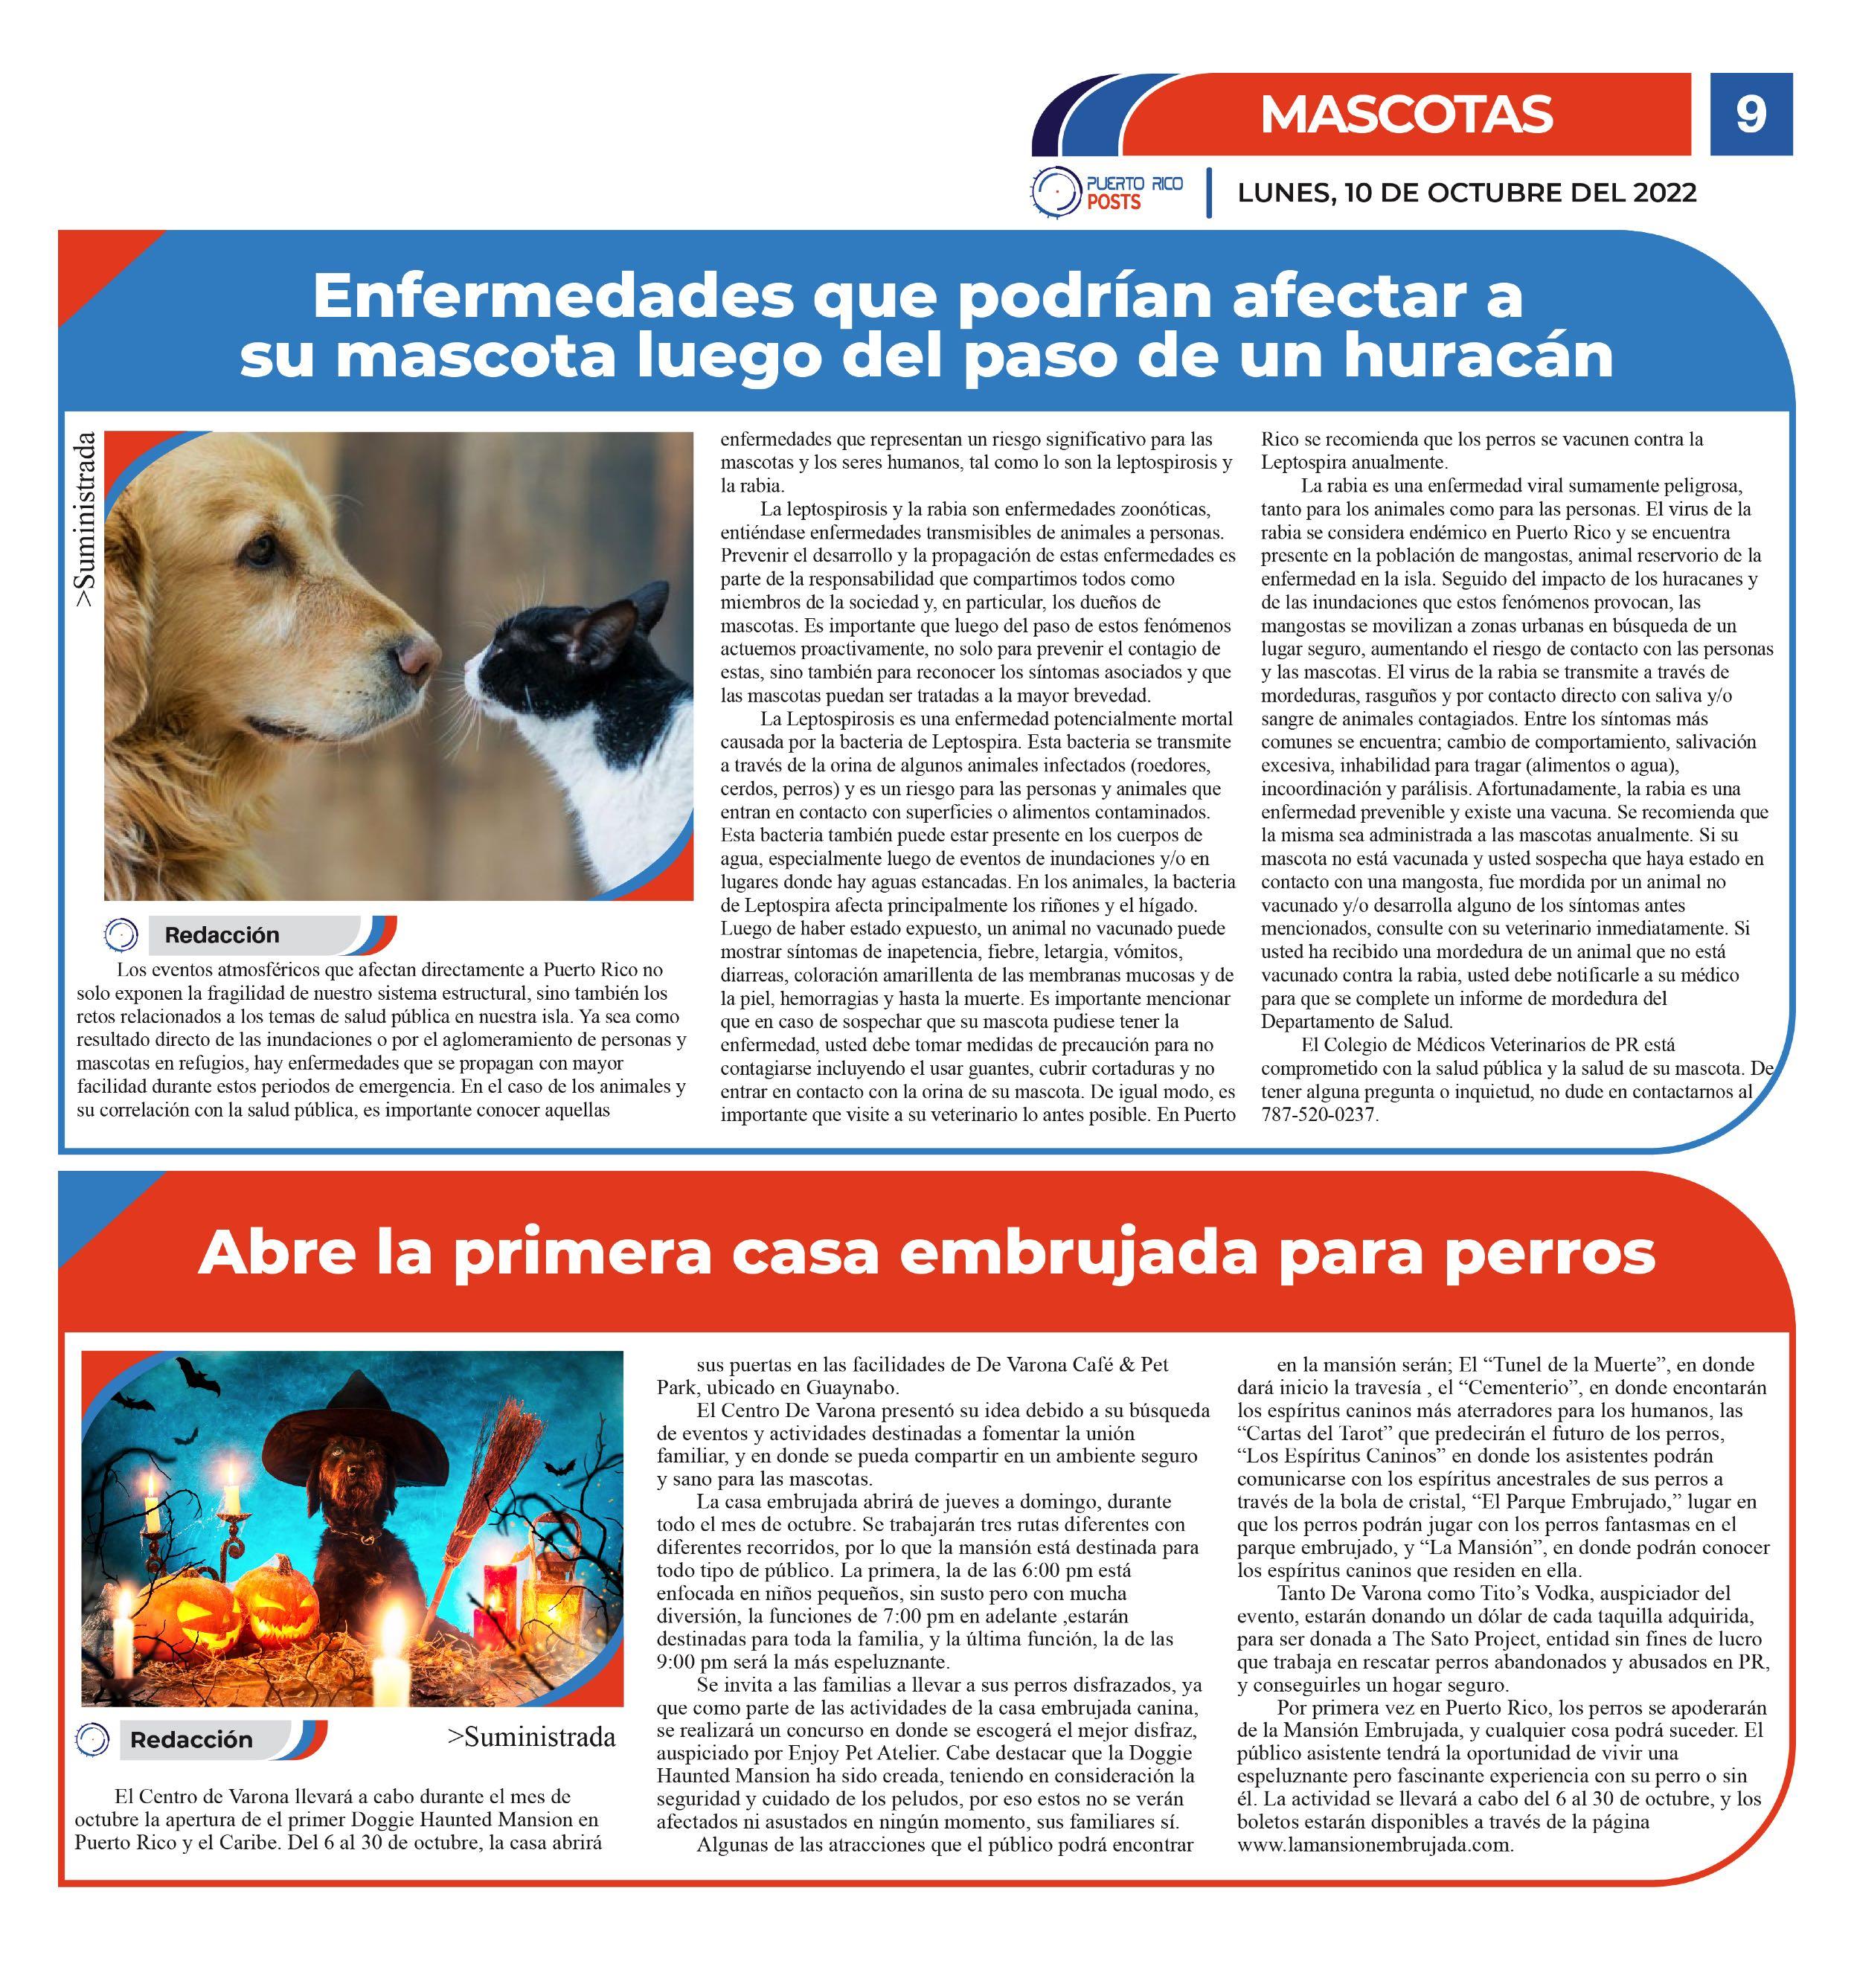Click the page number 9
[1751, 115]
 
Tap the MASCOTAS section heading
[1405, 115]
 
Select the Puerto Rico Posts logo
[1106, 190]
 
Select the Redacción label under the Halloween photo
[191, 1739]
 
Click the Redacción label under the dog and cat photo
[222, 935]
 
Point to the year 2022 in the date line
[1664, 192]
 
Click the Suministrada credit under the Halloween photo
[531, 1737]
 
